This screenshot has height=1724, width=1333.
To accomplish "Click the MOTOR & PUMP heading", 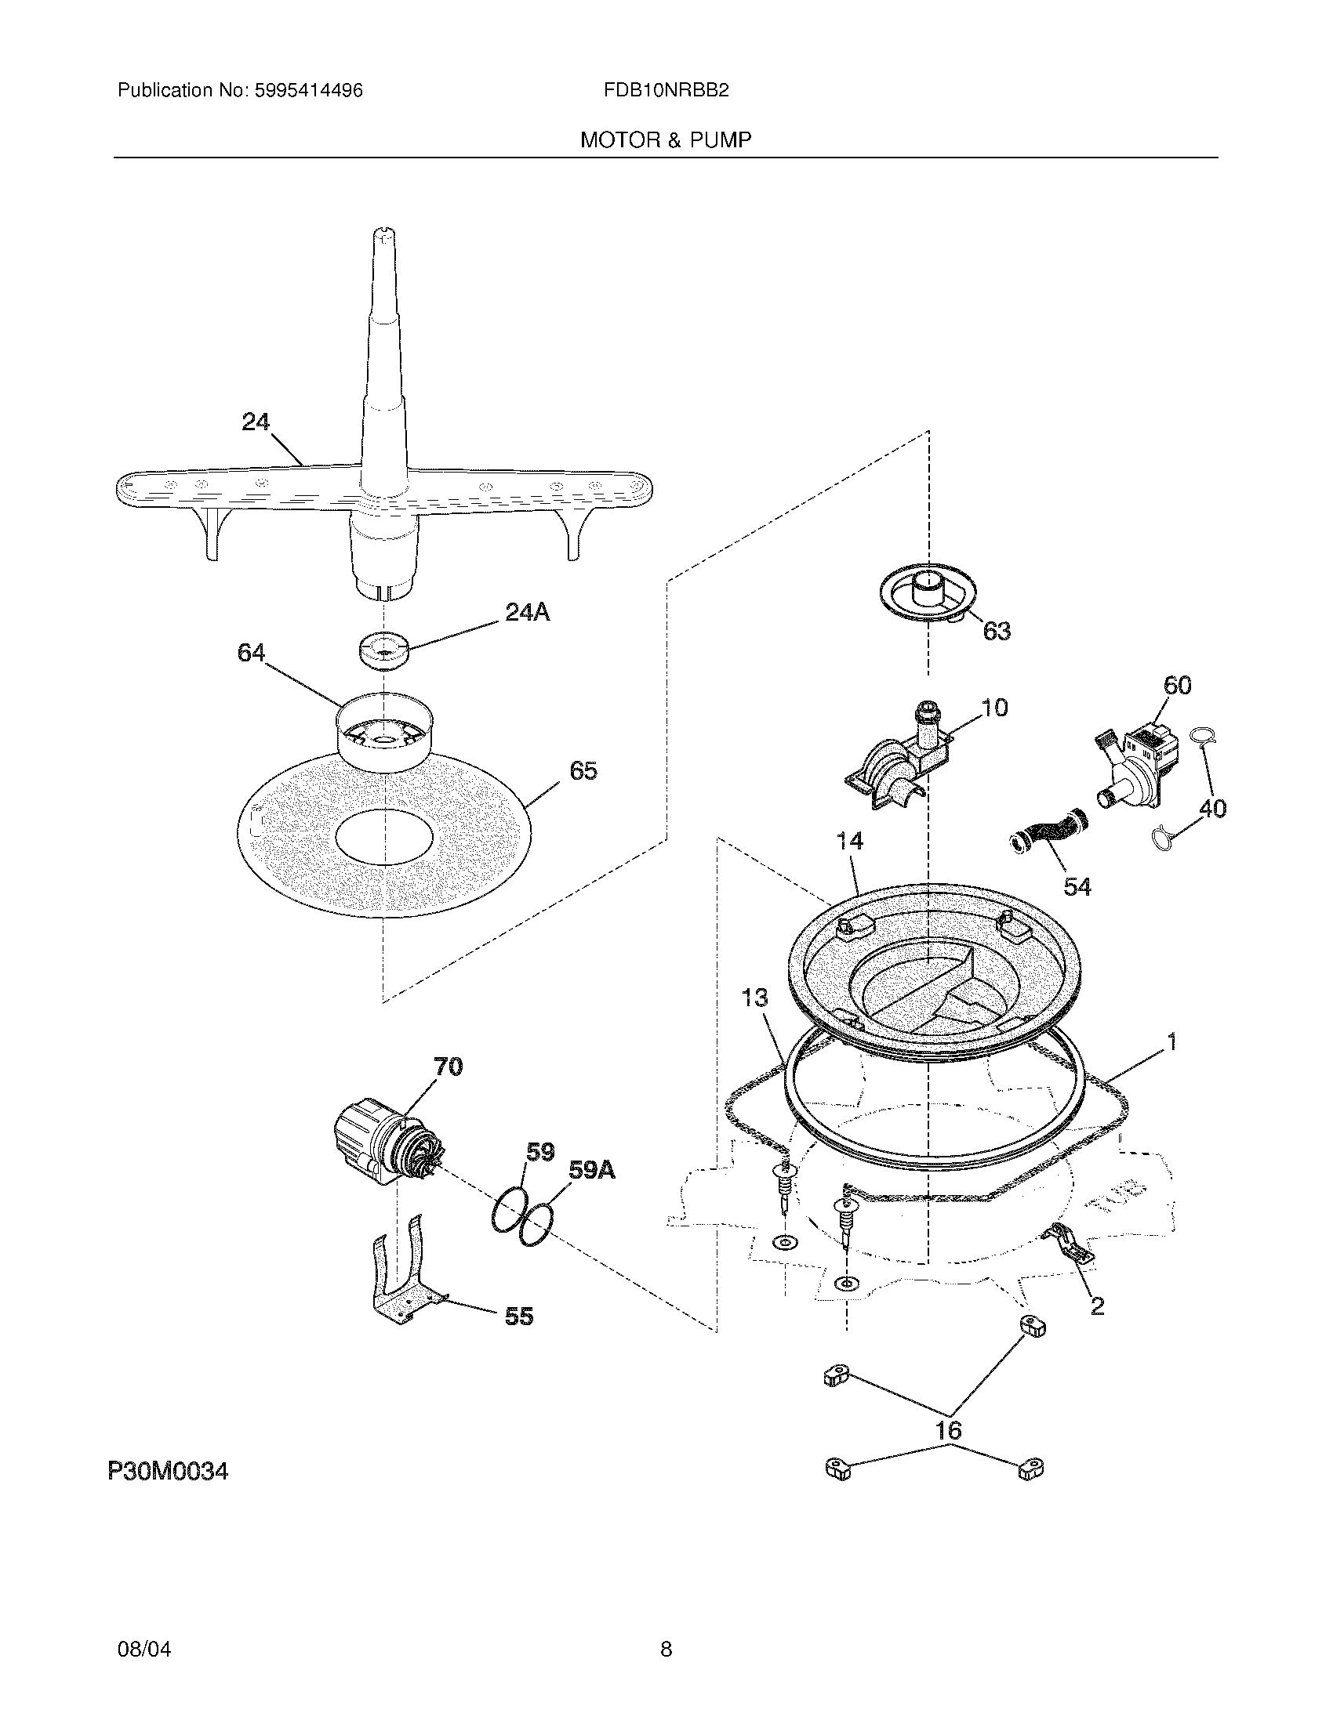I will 666,140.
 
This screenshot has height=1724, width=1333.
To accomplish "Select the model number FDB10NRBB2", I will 666,91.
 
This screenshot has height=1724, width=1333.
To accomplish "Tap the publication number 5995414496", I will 308,91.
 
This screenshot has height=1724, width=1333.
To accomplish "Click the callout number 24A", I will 527,612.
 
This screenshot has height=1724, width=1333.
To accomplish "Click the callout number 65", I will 583,770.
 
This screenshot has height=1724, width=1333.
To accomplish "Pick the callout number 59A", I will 591,1170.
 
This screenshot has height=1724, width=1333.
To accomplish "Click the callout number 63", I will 997,631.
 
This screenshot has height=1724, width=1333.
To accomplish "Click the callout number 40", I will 1212,809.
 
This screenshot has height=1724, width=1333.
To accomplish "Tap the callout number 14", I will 849,841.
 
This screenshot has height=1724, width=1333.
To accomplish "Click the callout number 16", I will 949,1429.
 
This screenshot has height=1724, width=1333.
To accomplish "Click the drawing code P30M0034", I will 168,1472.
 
